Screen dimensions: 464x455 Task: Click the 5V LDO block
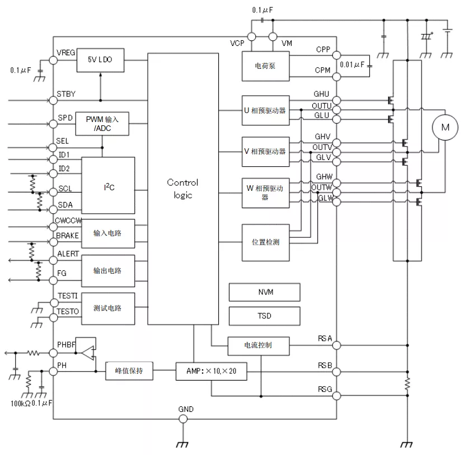click(100, 60)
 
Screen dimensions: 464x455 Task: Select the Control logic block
click(183, 189)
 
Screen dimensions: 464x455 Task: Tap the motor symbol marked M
click(445, 128)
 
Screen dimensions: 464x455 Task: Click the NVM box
click(265, 292)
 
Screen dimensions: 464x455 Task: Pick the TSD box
click(265, 316)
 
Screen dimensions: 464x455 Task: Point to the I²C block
click(108, 185)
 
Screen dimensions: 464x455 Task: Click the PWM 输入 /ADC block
click(102, 124)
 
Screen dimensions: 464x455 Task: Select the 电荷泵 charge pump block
click(265, 66)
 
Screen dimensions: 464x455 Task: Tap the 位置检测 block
click(265, 242)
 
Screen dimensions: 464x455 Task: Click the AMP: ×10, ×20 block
click(211, 371)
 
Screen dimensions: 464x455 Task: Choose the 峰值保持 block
click(129, 370)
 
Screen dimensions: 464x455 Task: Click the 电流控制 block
click(259, 346)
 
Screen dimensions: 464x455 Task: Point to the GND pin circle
click(183, 419)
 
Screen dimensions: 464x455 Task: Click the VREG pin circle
click(53, 60)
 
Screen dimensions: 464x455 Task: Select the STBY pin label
click(66, 94)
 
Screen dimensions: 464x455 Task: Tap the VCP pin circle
click(251, 37)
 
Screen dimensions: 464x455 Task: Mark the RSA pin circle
click(336, 345)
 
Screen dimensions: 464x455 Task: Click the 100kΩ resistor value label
click(20, 404)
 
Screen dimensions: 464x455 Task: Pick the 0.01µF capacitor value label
click(352, 64)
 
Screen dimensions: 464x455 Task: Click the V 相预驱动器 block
click(265, 152)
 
